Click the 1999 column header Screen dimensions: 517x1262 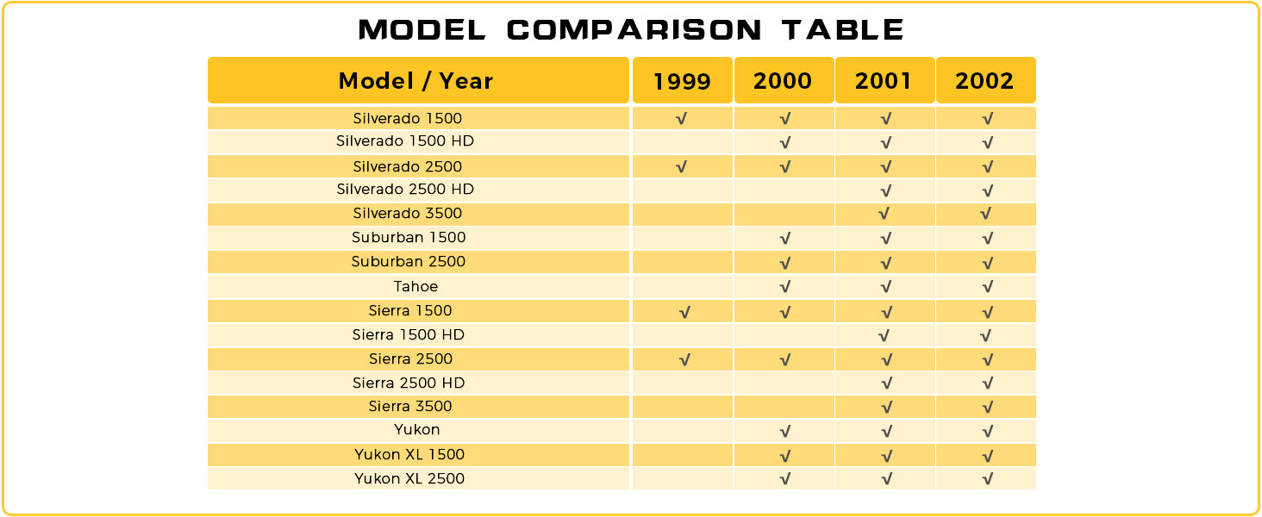[682, 81]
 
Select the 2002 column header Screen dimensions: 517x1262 [985, 81]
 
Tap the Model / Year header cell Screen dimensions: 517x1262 [416, 81]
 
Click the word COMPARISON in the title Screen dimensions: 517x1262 [634, 30]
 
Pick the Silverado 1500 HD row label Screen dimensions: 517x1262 [405, 141]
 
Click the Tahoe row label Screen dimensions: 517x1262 [416, 287]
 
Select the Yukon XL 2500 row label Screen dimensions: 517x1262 [409, 479]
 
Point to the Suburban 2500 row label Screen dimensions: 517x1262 [409, 262]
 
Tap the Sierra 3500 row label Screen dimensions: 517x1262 [410, 407]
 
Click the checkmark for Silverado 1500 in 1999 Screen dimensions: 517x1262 [682, 119]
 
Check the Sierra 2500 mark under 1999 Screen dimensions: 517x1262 [684, 360]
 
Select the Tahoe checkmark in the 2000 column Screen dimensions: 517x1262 [784, 287]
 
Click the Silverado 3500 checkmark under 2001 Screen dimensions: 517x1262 [884, 214]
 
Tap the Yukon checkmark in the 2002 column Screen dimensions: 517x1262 [987, 431]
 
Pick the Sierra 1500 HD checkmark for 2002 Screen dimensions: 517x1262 [985, 335]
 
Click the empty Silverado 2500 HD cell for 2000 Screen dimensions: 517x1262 [784, 190]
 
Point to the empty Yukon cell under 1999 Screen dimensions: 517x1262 [682, 430]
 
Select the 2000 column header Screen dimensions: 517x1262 [783, 81]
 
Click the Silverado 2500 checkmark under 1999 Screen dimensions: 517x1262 [682, 166]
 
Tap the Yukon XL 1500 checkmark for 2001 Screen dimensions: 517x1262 [885, 455]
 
